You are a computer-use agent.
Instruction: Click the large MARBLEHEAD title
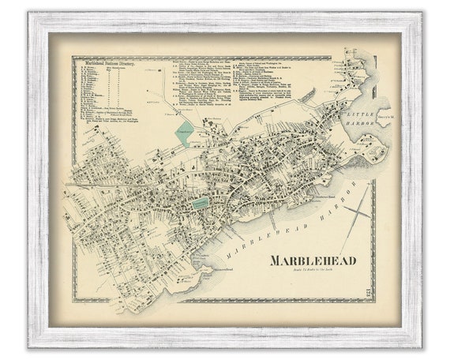[x=313, y=261]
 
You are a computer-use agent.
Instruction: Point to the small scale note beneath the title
[x=313, y=272]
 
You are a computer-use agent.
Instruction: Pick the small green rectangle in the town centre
[x=201, y=203]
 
